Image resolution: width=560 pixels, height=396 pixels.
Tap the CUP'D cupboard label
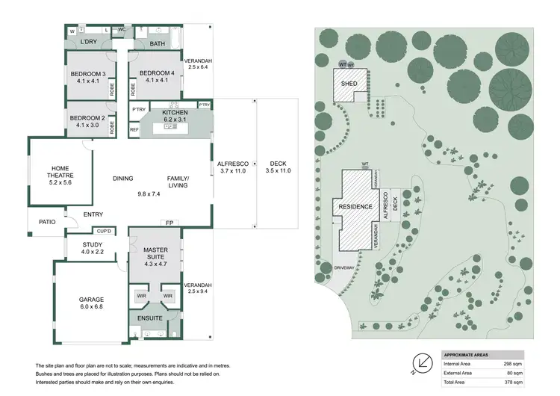104,231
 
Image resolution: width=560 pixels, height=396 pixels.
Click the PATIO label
47,222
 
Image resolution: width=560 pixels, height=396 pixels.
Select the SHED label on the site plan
349,84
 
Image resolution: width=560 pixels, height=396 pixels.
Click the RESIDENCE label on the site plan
355,205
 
